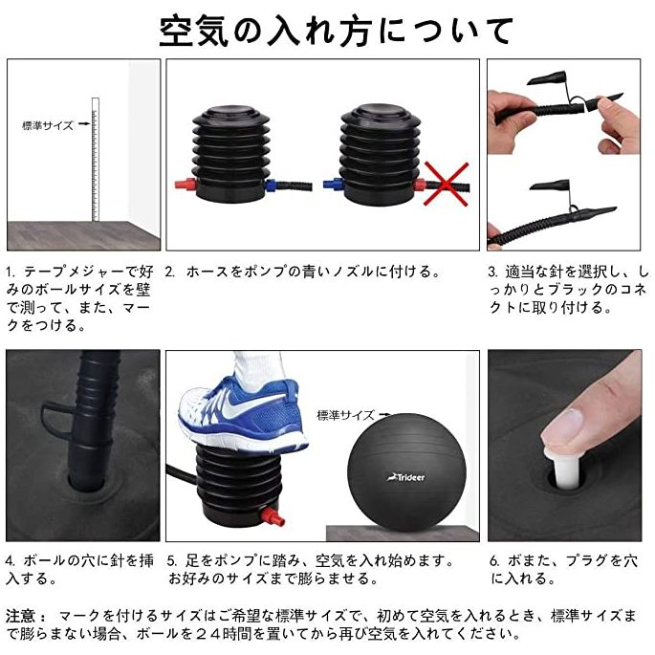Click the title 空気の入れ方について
coord(336,31)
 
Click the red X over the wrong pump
coord(447,184)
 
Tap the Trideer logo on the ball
coord(405,477)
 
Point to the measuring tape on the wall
coord(96,160)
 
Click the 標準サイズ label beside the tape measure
coord(48,125)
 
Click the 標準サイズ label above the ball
coord(345,415)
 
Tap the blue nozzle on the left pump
coord(271,186)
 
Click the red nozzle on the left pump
coord(186,185)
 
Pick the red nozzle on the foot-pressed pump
coord(273,516)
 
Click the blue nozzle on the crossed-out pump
coord(334,184)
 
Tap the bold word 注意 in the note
coord(20,616)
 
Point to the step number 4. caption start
coord(11,560)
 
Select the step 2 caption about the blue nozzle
coord(303,272)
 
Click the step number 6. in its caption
coord(495,561)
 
